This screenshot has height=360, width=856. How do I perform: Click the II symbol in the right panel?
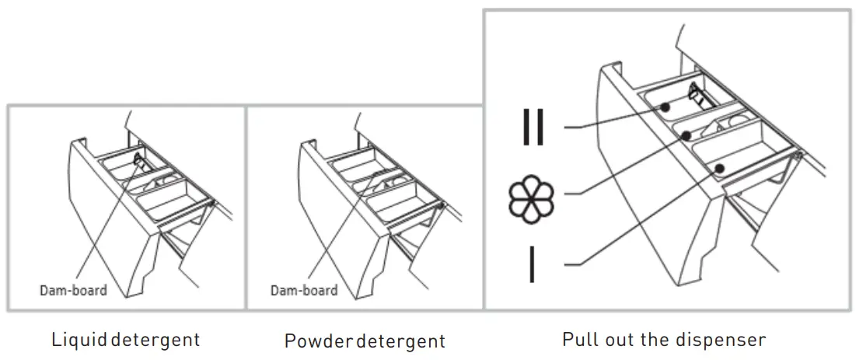tap(533, 126)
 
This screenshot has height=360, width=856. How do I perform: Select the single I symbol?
tap(533, 264)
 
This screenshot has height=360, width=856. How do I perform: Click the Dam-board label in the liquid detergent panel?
tap(73, 290)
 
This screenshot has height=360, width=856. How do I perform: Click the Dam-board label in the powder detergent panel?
tap(304, 290)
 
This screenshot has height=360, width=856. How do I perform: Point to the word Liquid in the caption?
tap(78, 340)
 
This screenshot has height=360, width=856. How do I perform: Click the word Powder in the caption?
tap(309, 341)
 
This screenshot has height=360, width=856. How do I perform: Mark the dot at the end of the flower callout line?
tap(687, 135)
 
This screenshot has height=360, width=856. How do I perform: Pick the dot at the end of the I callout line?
tap(719, 167)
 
